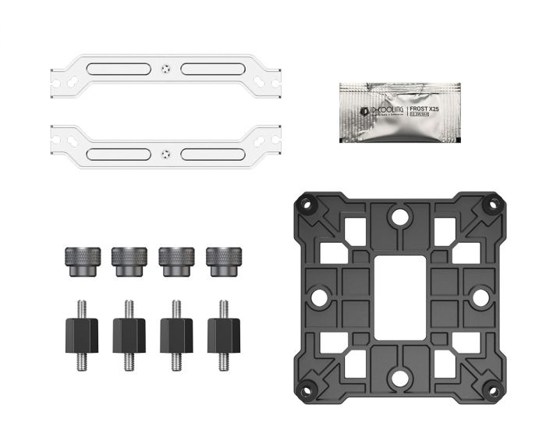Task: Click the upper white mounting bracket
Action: pos(117,69)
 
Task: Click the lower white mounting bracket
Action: pos(117,144)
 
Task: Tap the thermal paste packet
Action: pos(399,112)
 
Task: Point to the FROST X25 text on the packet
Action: pos(425,109)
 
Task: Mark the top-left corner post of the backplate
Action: pos(305,206)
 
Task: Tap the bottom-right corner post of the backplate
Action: pos(492,388)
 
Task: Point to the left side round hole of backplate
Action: pos(317,297)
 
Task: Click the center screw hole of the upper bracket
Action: pos(164,68)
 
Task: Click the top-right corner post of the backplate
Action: pos(492,206)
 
